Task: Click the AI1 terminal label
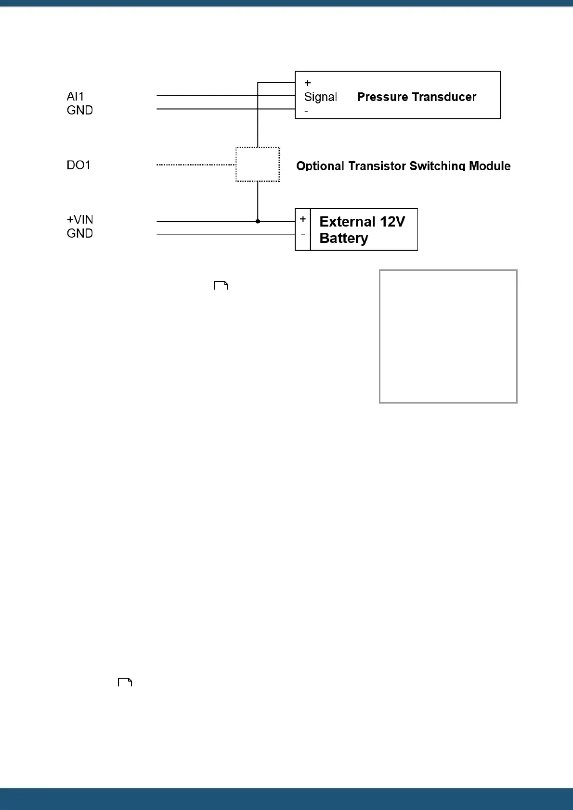pos(75,96)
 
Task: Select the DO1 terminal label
pos(78,165)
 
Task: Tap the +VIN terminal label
pos(80,219)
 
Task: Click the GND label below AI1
pos(80,110)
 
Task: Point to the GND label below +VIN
pos(80,233)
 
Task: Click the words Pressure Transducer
pos(417,97)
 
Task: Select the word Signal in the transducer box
pos(321,97)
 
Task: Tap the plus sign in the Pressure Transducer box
pos(308,83)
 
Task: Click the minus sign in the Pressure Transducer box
pos(306,112)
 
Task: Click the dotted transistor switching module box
pos(258,165)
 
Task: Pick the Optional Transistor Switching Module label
pos(403,166)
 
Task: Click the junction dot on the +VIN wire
pos(258,221)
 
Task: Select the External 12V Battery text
pos(362,229)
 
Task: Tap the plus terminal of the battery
pos(303,219)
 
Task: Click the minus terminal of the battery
pos(303,234)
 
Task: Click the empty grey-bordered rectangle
pos(448,336)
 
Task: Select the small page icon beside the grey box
pos(221,286)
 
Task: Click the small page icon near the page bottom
pos(125,682)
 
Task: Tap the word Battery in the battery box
pos(344,238)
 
